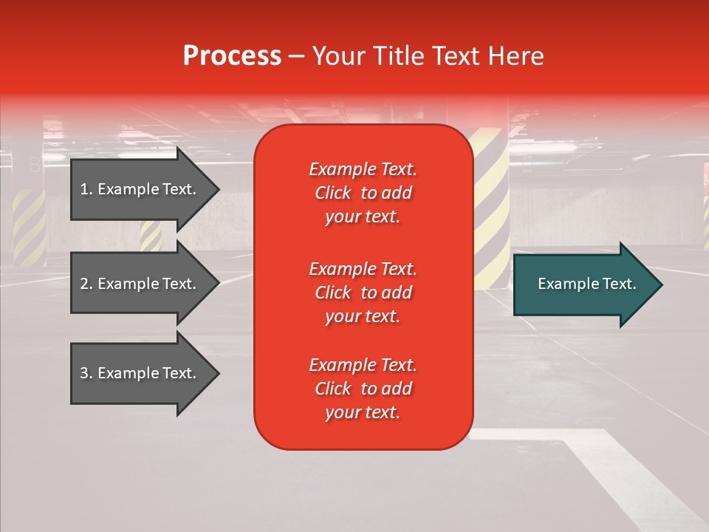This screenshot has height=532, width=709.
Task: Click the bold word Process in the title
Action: (x=232, y=56)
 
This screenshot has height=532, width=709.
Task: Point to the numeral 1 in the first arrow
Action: (x=84, y=189)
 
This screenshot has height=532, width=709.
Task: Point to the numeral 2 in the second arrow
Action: (x=84, y=284)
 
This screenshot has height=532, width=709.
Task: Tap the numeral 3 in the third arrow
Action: (x=84, y=373)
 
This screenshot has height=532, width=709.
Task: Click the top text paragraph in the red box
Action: (x=363, y=193)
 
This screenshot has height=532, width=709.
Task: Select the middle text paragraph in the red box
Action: (x=363, y=293)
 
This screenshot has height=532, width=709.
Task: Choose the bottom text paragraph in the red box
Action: (x=363, y=389)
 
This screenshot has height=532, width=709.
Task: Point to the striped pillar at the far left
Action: (x=29, y=225)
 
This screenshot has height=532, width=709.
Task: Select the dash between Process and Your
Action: (x=296, y=56)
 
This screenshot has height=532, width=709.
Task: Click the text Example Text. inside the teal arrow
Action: (x=586, y=284)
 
